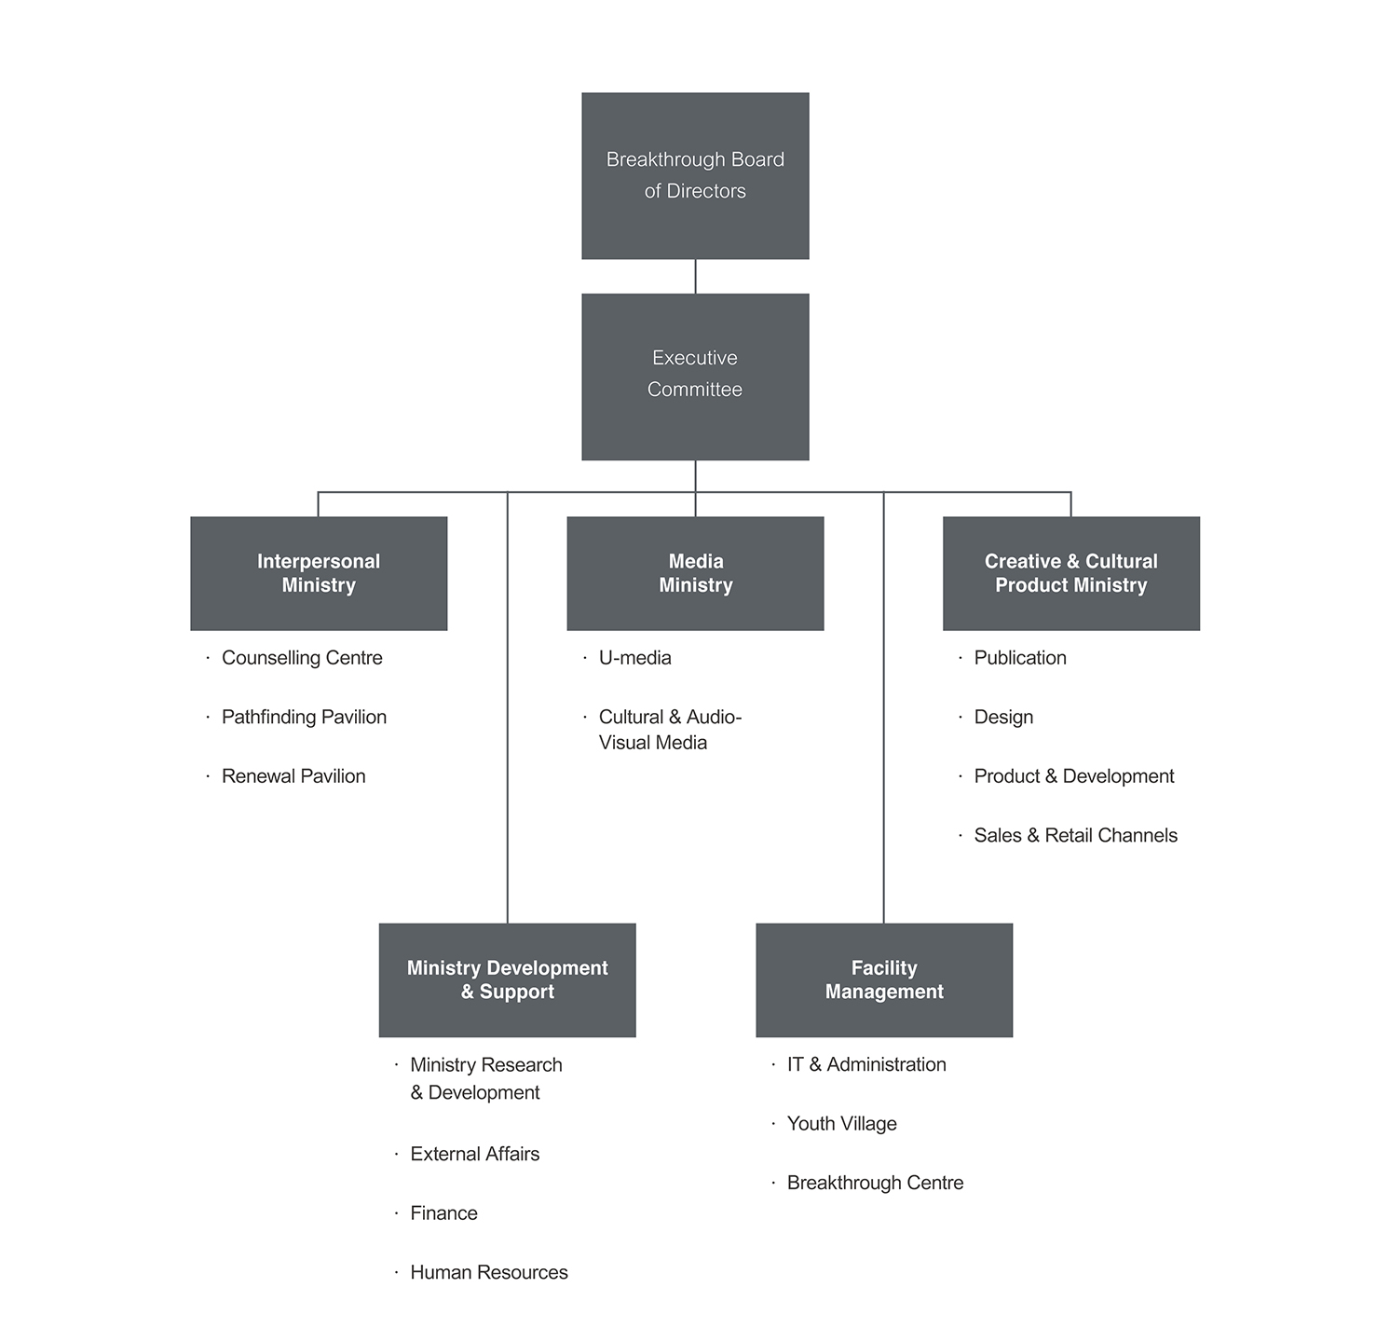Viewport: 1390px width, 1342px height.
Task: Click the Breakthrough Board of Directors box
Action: pyautogui.click(x=695, y=175)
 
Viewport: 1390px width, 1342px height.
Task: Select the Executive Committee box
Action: pyautogui.click(x=695, y=377)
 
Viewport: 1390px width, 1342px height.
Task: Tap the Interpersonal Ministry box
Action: pyautogui.click(x=319, y=573)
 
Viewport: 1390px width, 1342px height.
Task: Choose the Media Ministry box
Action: pyautogui.click(x=695, y=573)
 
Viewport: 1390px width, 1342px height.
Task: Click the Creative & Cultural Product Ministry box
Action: pyautogui.click(x=1070, y=573)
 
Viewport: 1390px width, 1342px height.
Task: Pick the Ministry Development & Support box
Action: pyautogui.click(x=507, y=979)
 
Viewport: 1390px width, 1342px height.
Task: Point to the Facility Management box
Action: pyautogui.click(x=883, y=979)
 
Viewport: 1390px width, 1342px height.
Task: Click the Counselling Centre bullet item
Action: pyautogui.click(x=302, y=658)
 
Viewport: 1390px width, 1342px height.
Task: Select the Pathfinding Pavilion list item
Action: pyautogui.click(x=304, y=717)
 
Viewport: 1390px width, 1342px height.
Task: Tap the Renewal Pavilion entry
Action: pyautogui.click(x=293, y=776)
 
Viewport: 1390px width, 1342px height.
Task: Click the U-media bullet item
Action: pyautogui.click(x=634, y=658)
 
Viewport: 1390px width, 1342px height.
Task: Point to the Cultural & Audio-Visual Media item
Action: pyautogui.click(x=669, y=730)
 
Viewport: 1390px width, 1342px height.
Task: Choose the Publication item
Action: pyautogui.click(x=1020, y=658)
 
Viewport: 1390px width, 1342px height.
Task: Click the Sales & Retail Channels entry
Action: pyautogui.click(x=1075, y=835)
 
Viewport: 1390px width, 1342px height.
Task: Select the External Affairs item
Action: pyautogui.click(x=474, y=1154)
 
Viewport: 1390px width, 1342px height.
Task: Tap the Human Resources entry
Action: pyautogui.click(x=488, y=1272)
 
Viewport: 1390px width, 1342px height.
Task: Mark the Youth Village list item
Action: pyautogui.click(x=841, y=1124)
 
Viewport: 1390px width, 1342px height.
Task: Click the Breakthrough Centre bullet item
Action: pyautogui.click(x=875, y=1183)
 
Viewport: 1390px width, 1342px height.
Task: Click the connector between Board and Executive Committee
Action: pyautogui.click(x=695, y=277)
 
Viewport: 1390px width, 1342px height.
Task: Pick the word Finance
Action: pyautogui.click(x=443, y=1213)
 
